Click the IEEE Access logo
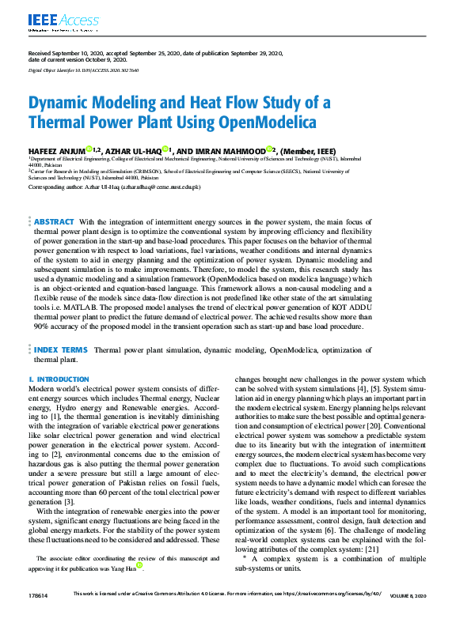(x=64, y=21)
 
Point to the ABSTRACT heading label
(x=54, y=222)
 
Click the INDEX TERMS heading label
(x=60, y=349)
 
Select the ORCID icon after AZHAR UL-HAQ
(x=188, y=149)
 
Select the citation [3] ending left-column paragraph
(x=70, y=502)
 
